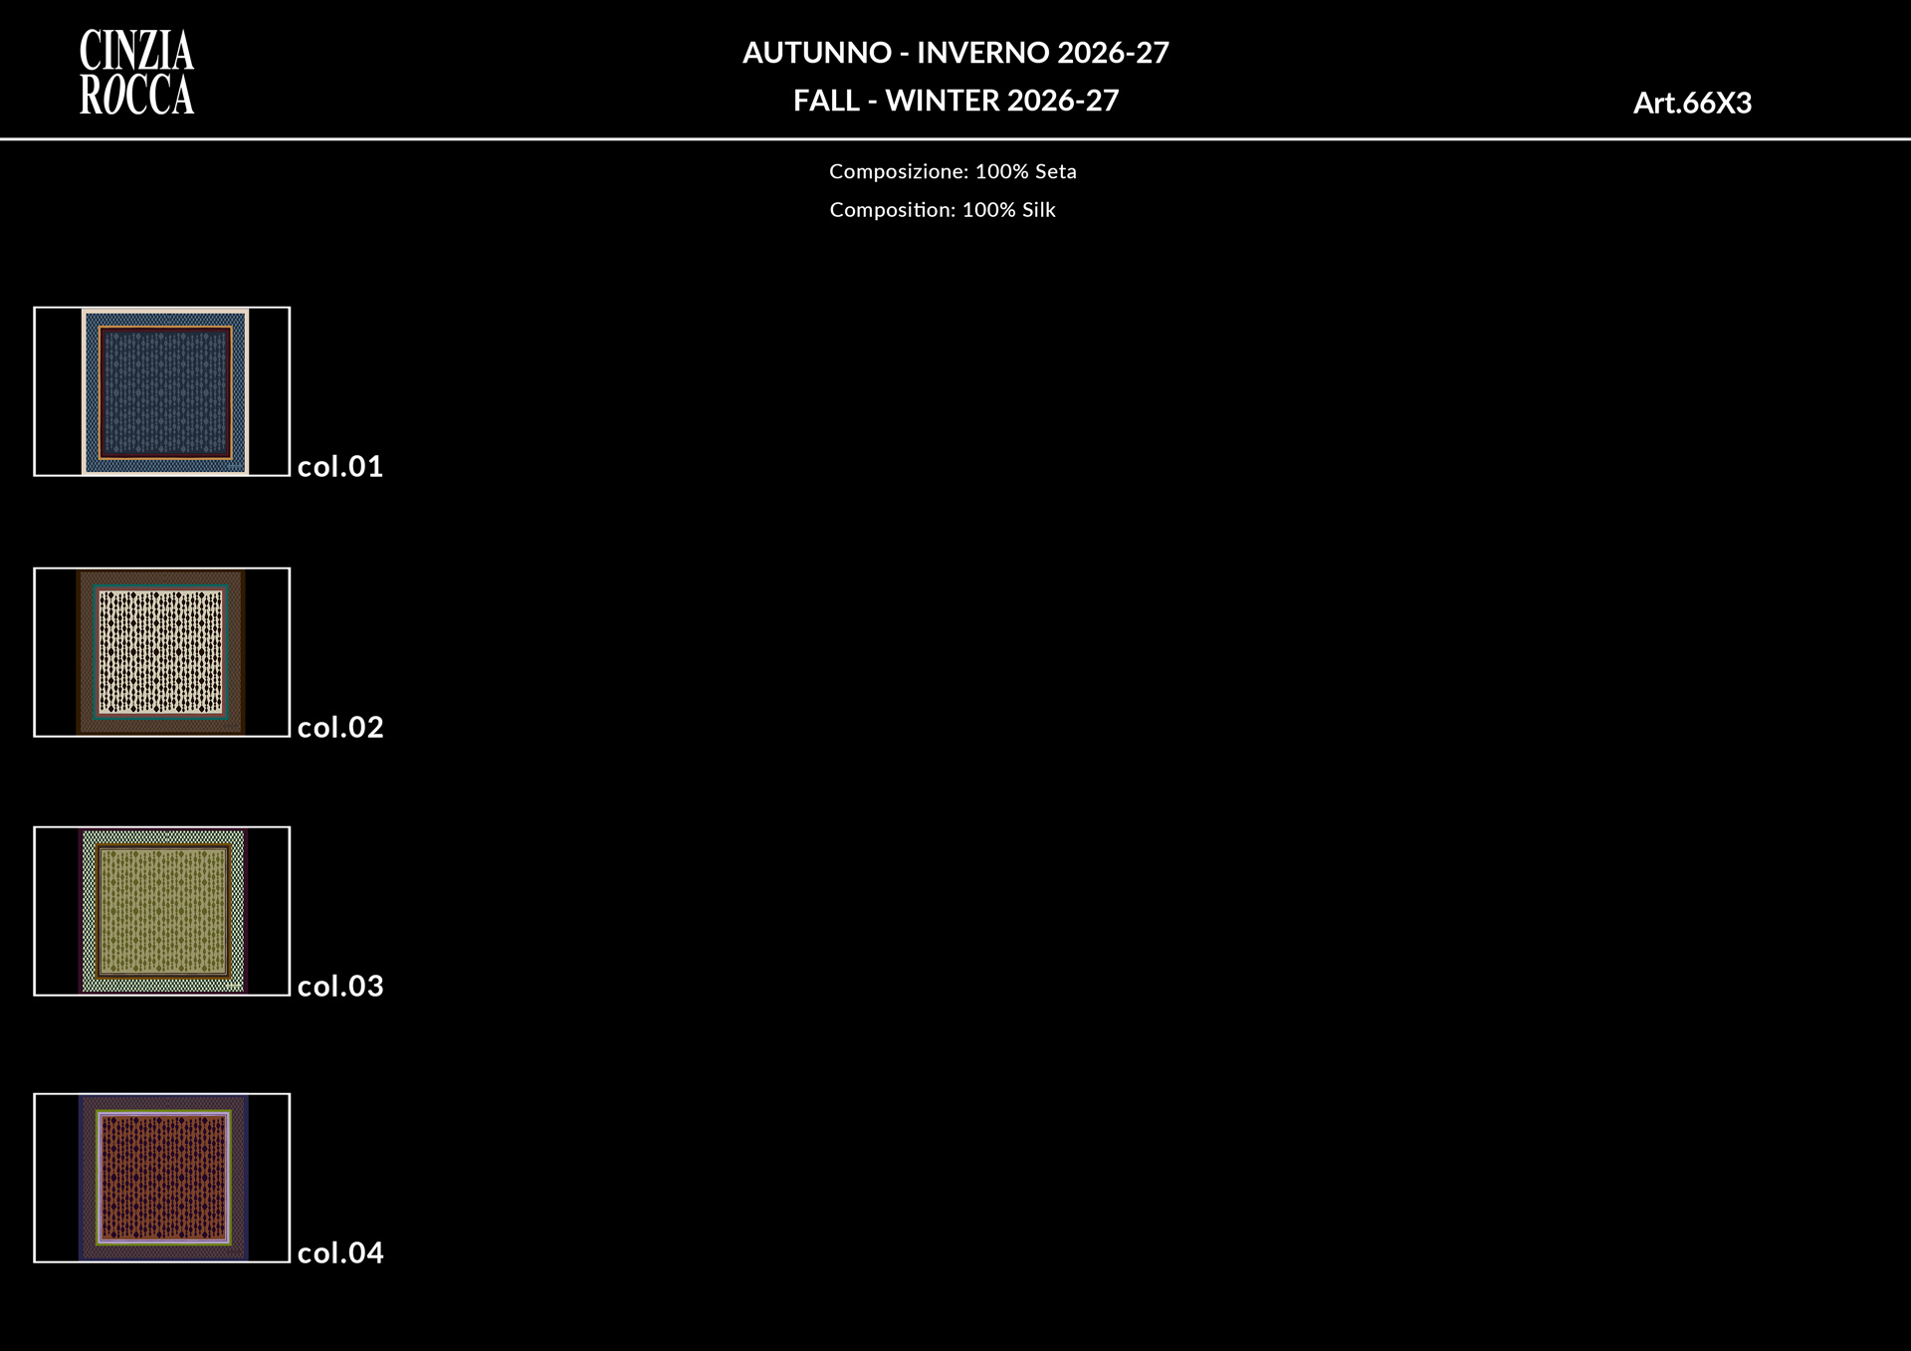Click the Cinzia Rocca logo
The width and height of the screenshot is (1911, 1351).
click(x=136, y=73)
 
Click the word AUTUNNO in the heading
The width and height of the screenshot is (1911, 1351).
click(x=817, y=53)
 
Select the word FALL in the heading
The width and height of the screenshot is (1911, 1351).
click(x=826, y=101)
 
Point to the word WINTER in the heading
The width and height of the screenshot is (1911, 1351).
click(x=942, y=101)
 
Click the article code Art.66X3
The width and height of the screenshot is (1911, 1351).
click(x=1692, y=103)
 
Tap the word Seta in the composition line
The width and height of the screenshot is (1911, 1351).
click(x=1055, y=171)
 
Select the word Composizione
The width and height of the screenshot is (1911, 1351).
click(x=899, y=172)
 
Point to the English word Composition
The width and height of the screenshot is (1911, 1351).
click(x=893, y=210)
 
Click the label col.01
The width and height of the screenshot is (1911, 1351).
click(x=340, y=466)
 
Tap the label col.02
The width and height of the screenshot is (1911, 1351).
click(x=340, y=727)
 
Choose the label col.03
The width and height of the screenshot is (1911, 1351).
click(x=340, y=986)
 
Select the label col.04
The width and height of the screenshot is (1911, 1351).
click(x=340, y=1252)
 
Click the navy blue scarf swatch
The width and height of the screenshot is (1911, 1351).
click(x=165, y=391)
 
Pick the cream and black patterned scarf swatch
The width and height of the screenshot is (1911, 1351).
click(x=161, y=652)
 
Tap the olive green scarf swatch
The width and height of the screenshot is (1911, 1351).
click(x=162, y=911)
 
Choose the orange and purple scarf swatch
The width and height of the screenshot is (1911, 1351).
click(x=163, y=1178)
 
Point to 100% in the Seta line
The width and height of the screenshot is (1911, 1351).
click(x=1001, y=171)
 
